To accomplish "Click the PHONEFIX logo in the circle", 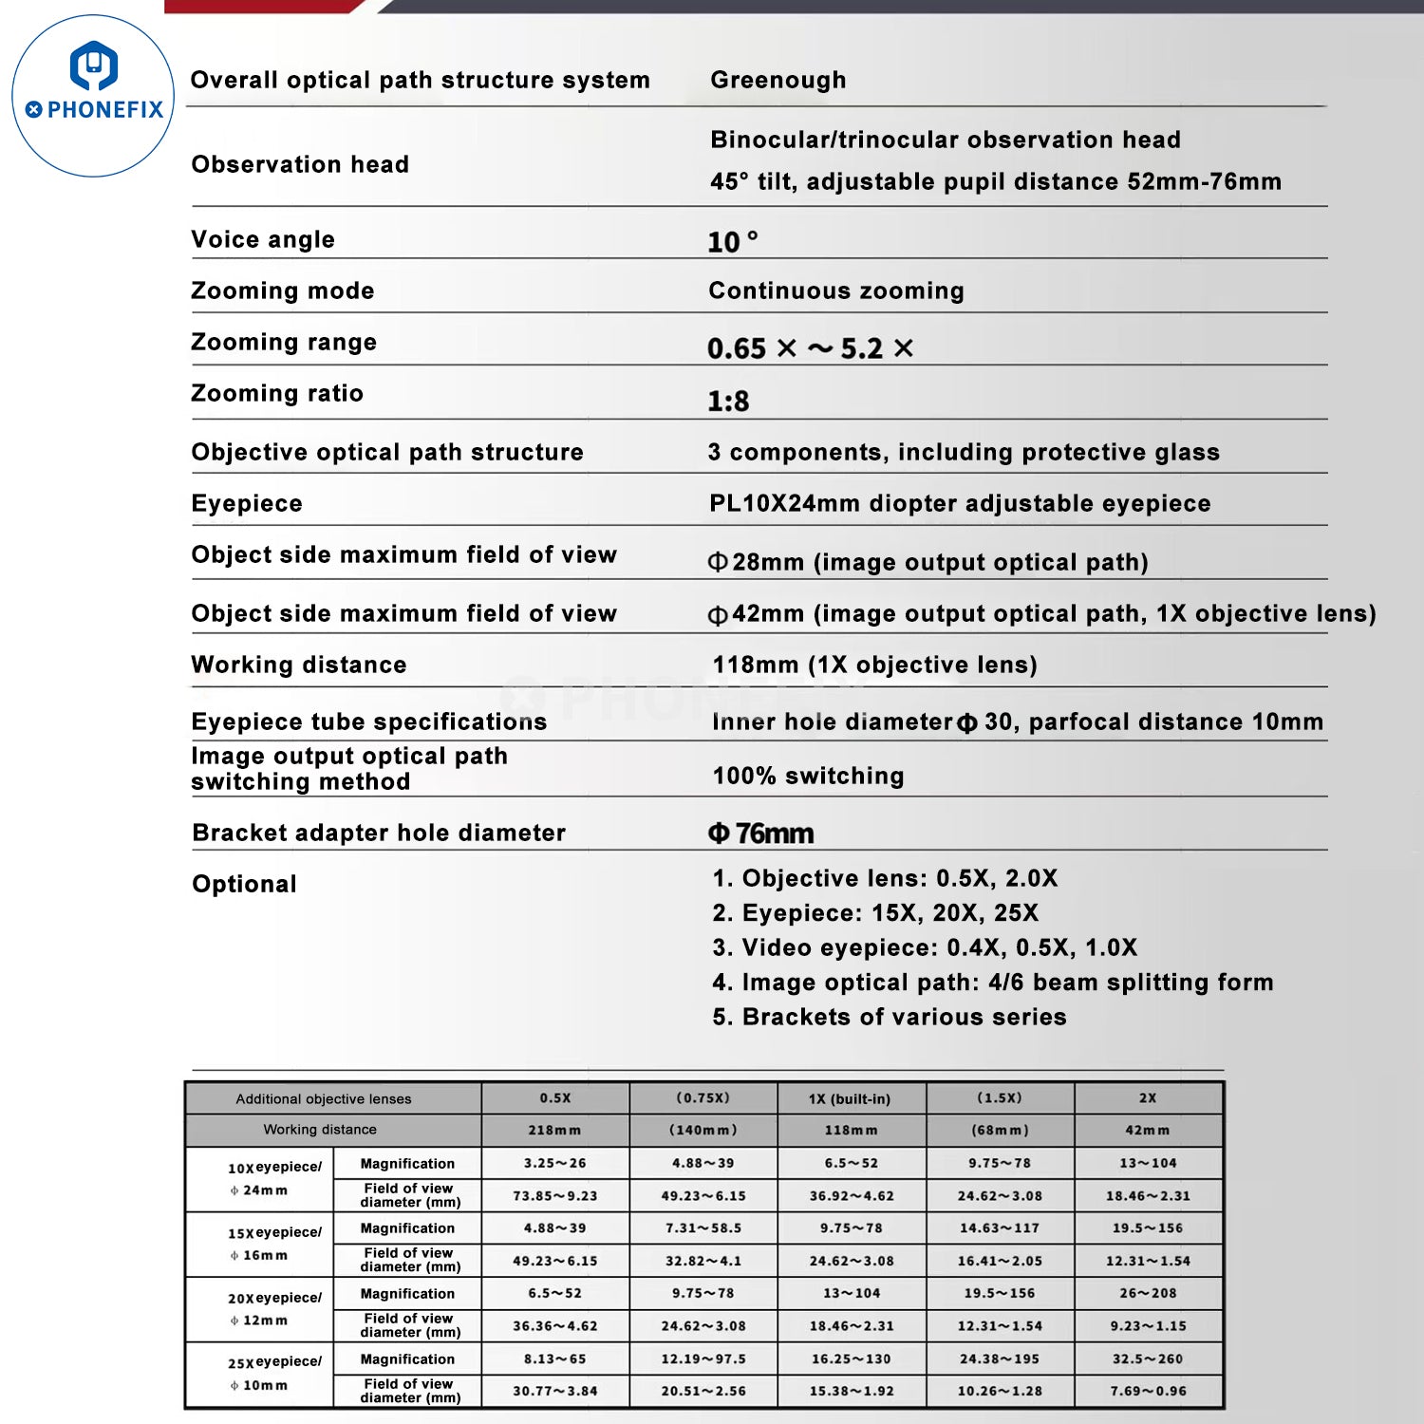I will (93, 96).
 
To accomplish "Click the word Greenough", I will (778, 81).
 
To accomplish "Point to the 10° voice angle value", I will (732, 242).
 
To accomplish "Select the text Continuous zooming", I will (835, 291).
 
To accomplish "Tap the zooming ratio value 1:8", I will (727, 402).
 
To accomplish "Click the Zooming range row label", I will (284, 343).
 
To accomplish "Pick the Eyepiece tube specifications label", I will (368, 722).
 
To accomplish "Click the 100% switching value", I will (808, 777).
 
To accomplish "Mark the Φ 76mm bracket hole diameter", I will (760, 834).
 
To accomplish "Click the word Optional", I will (244, 885).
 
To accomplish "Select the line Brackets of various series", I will (890, 1018).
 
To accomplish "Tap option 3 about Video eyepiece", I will (925, 948).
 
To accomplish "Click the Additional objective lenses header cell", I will (324, 1099).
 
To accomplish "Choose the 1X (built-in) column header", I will (850, 1099).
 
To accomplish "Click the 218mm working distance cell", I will (554, 1131).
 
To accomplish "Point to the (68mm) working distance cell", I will (1000, 1131).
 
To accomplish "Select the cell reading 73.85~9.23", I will (555, 1196).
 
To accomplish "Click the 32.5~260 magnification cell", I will (1148, 1359).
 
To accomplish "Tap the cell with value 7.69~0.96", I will (1148, 1392).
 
